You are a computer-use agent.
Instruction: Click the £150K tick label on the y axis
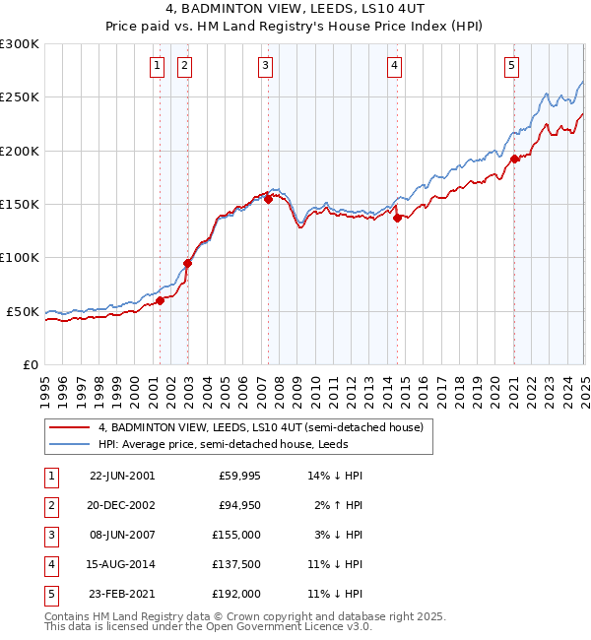coord(20,204)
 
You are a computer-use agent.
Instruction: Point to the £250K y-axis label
coord(20,97)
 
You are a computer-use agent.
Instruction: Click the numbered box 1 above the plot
coord(158,66)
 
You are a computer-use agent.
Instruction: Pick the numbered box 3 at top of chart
coord(266,66)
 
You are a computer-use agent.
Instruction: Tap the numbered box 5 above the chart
coord(512,66)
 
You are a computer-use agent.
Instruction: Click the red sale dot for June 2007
coord(268,200)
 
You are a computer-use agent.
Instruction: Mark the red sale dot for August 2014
coord(397,219)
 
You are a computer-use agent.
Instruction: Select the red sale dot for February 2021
coord(514,160)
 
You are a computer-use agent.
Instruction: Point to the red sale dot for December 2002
coord(187,264)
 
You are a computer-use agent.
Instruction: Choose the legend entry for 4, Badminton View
coord(260,427)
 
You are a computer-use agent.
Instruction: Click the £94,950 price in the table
coord(237,505)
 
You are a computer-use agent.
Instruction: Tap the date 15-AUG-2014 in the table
coord(121,564)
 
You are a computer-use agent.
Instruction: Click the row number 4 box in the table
coord(49,564)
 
